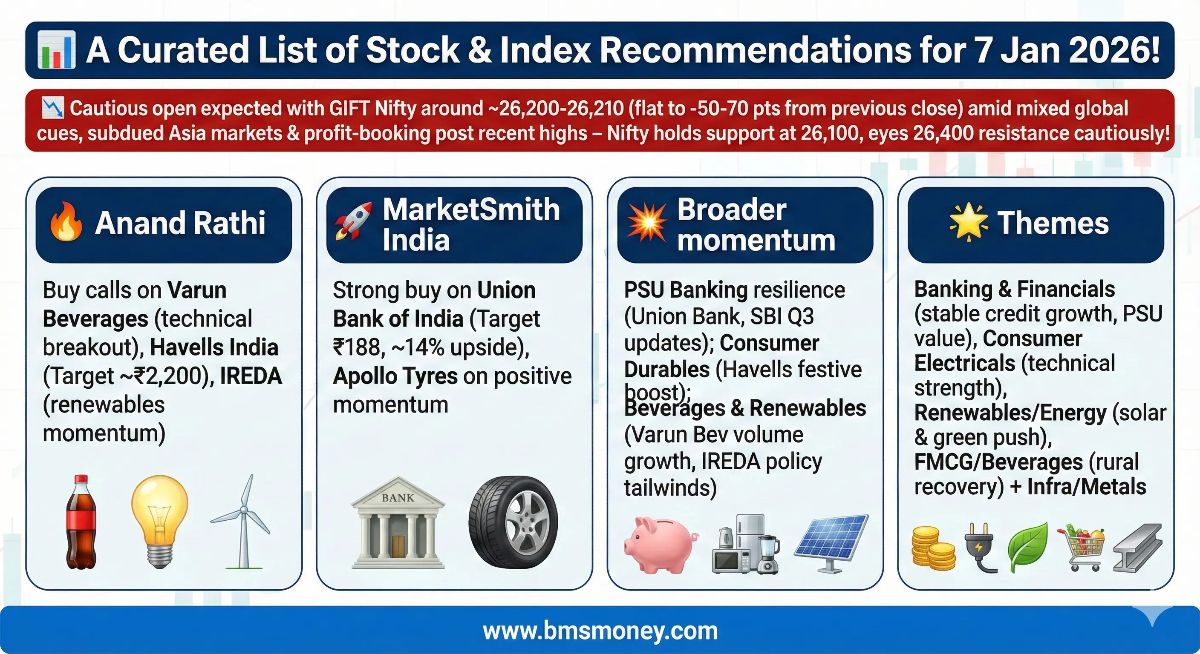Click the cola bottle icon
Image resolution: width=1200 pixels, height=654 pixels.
click(x=81, y=522)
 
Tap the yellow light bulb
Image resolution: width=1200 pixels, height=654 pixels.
click(x=160, y=521)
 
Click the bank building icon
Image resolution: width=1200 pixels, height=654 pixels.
click(x=398, y=522)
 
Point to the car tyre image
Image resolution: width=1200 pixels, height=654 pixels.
click(x=513, y=521)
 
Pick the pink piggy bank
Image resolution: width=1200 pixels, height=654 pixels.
click(x=661, y=545)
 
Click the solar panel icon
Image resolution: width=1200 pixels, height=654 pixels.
click(x=831, y=543)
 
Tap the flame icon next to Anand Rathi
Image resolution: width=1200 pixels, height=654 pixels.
click(x=66, y=221)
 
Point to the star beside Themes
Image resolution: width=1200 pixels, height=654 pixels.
click(x=969, y=222)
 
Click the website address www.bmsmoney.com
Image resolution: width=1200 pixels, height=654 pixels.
click(x=600, y=631)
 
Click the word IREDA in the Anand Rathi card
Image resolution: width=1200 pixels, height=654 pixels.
click(x=251, y=376)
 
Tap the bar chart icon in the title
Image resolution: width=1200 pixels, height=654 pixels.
click(x=56, y=49)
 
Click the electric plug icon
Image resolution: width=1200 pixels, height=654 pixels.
click(x=981, y=548)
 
